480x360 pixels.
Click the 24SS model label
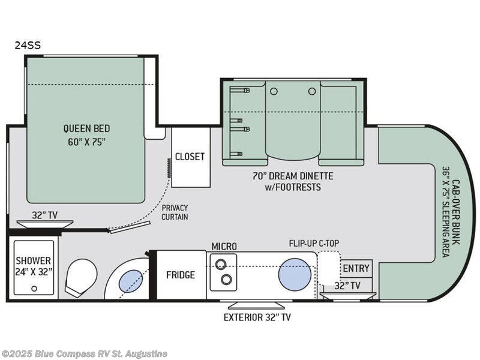click(28, 46)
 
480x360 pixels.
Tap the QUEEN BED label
click(86, 128)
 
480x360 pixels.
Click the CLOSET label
click(190, 157)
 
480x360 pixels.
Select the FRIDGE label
click(181, 275)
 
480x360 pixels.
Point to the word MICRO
click(224, 246)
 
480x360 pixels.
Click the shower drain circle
click(34, 289)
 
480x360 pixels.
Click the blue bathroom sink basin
click(130, 281)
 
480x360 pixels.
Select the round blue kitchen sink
click(295, 275)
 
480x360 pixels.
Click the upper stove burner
click(220, 263)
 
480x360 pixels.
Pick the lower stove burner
click(227, 279)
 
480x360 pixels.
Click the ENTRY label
click(356, 268)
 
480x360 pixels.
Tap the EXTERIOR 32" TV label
click(257, 317)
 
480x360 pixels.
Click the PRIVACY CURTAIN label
click(175, 212)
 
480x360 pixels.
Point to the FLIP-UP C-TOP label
click(314, 244)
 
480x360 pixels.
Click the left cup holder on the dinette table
click(274, 91)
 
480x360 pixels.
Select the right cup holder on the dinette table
click(311, 91)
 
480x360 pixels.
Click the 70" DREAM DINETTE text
click(293, 176)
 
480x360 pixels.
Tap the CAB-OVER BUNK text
click(456, 211)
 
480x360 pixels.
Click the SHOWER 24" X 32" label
click(34, 266)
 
